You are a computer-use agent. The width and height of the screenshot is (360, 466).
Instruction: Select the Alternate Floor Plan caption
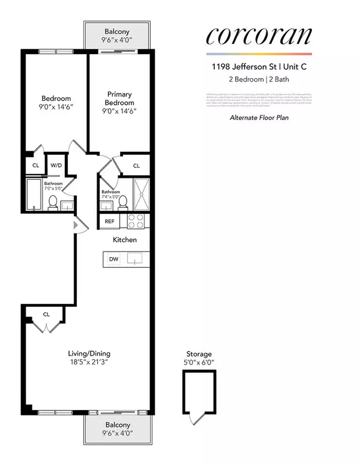(x=260, y=118)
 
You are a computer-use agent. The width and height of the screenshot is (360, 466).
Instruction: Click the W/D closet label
(x=56, y=165)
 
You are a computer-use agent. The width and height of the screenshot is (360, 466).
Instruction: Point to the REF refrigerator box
(x=110, y=221)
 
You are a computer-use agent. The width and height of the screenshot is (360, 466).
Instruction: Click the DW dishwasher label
(x=113, y=259)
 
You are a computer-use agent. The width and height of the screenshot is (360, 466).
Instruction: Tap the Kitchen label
(x=125, y=240)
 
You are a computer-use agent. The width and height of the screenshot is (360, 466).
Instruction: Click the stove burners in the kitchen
(x=136, y=221)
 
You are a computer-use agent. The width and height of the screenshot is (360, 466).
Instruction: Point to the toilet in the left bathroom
(x=52, y=202)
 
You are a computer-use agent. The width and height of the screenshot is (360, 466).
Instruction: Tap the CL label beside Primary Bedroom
(x=136, y=166)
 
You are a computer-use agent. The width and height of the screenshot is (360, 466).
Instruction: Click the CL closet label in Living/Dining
(x=46, y=313)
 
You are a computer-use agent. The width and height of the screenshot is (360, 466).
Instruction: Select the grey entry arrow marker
(x=75, y=225)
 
